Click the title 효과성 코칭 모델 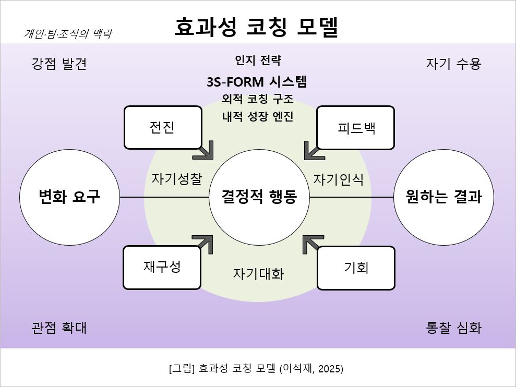(256, 28)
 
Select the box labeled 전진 (163, 127)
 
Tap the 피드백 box (356, 128)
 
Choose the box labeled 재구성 (162, 267)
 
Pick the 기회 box (356, 268)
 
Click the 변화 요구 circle (69, 197)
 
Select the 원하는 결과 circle (443, 197)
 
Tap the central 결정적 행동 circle (259, 197)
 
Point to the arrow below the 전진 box (205, 150)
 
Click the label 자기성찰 (177, 179)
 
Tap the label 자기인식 (338, 179)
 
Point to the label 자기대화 (258, 274)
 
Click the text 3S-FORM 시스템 (256, 82)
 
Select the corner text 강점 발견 (59, 64)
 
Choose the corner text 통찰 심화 (454, 328)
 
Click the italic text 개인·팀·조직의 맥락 (68, 34)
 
